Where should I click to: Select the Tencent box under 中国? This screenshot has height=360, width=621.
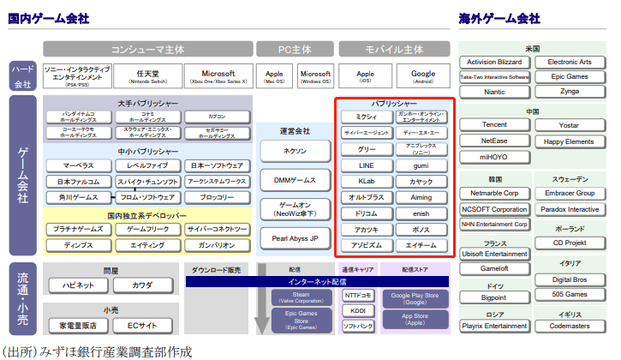494,125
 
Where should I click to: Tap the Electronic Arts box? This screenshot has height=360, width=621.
570,63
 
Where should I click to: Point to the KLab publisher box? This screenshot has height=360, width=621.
366,182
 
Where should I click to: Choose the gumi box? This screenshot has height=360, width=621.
421,165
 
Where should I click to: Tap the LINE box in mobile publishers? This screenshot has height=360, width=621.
366,165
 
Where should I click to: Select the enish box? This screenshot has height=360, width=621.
421,213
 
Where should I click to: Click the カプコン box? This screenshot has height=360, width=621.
218,117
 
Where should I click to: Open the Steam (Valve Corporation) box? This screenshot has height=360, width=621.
290,297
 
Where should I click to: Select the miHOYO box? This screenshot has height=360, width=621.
494,157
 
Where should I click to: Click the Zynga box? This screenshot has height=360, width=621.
570,91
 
